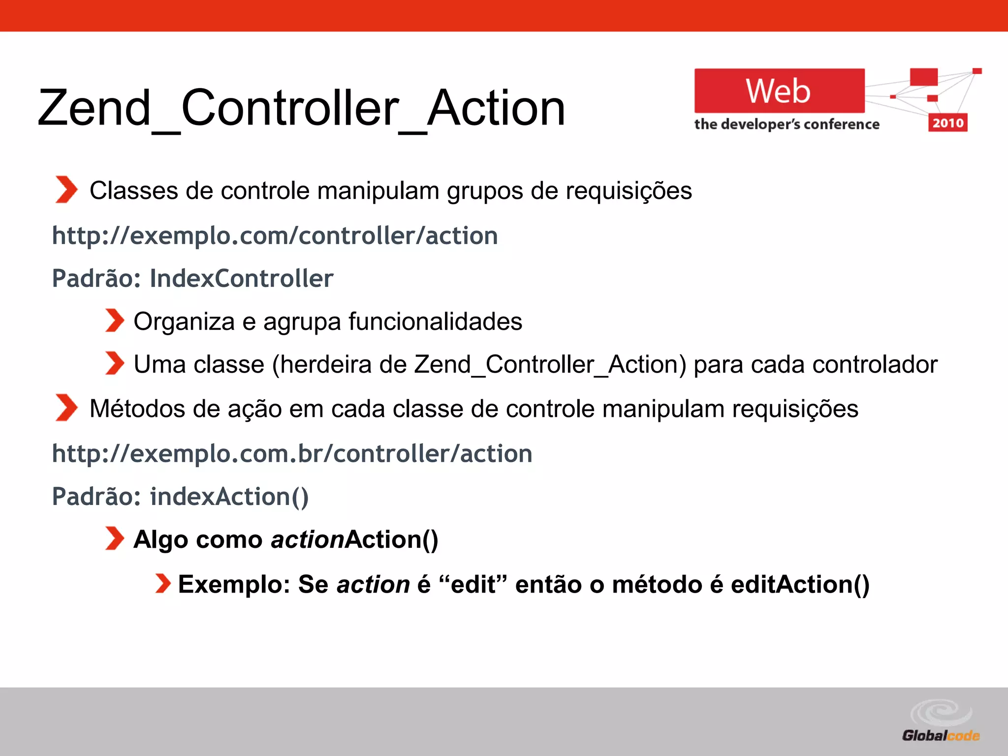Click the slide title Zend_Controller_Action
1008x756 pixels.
coord(301,108)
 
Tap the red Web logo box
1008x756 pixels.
coord(779,91)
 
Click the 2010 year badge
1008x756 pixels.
coord(947,123)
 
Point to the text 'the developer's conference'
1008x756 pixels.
coord(787,125)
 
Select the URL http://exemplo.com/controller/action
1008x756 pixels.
coord(275,236)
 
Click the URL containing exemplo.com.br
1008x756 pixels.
coord(292,454)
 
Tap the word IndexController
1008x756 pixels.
coord(241,279)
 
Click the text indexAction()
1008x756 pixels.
coord(229,497)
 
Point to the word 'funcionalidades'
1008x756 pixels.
coord(435,322)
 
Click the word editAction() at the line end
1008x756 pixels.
coord(800,585)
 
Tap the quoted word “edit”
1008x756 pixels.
coord(472,585)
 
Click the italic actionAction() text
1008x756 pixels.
coord(354,540)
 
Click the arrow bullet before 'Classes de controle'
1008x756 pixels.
coord(66,189)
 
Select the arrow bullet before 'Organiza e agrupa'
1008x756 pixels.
coord(114,321)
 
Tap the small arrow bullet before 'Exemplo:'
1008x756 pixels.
coord(162,584)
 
